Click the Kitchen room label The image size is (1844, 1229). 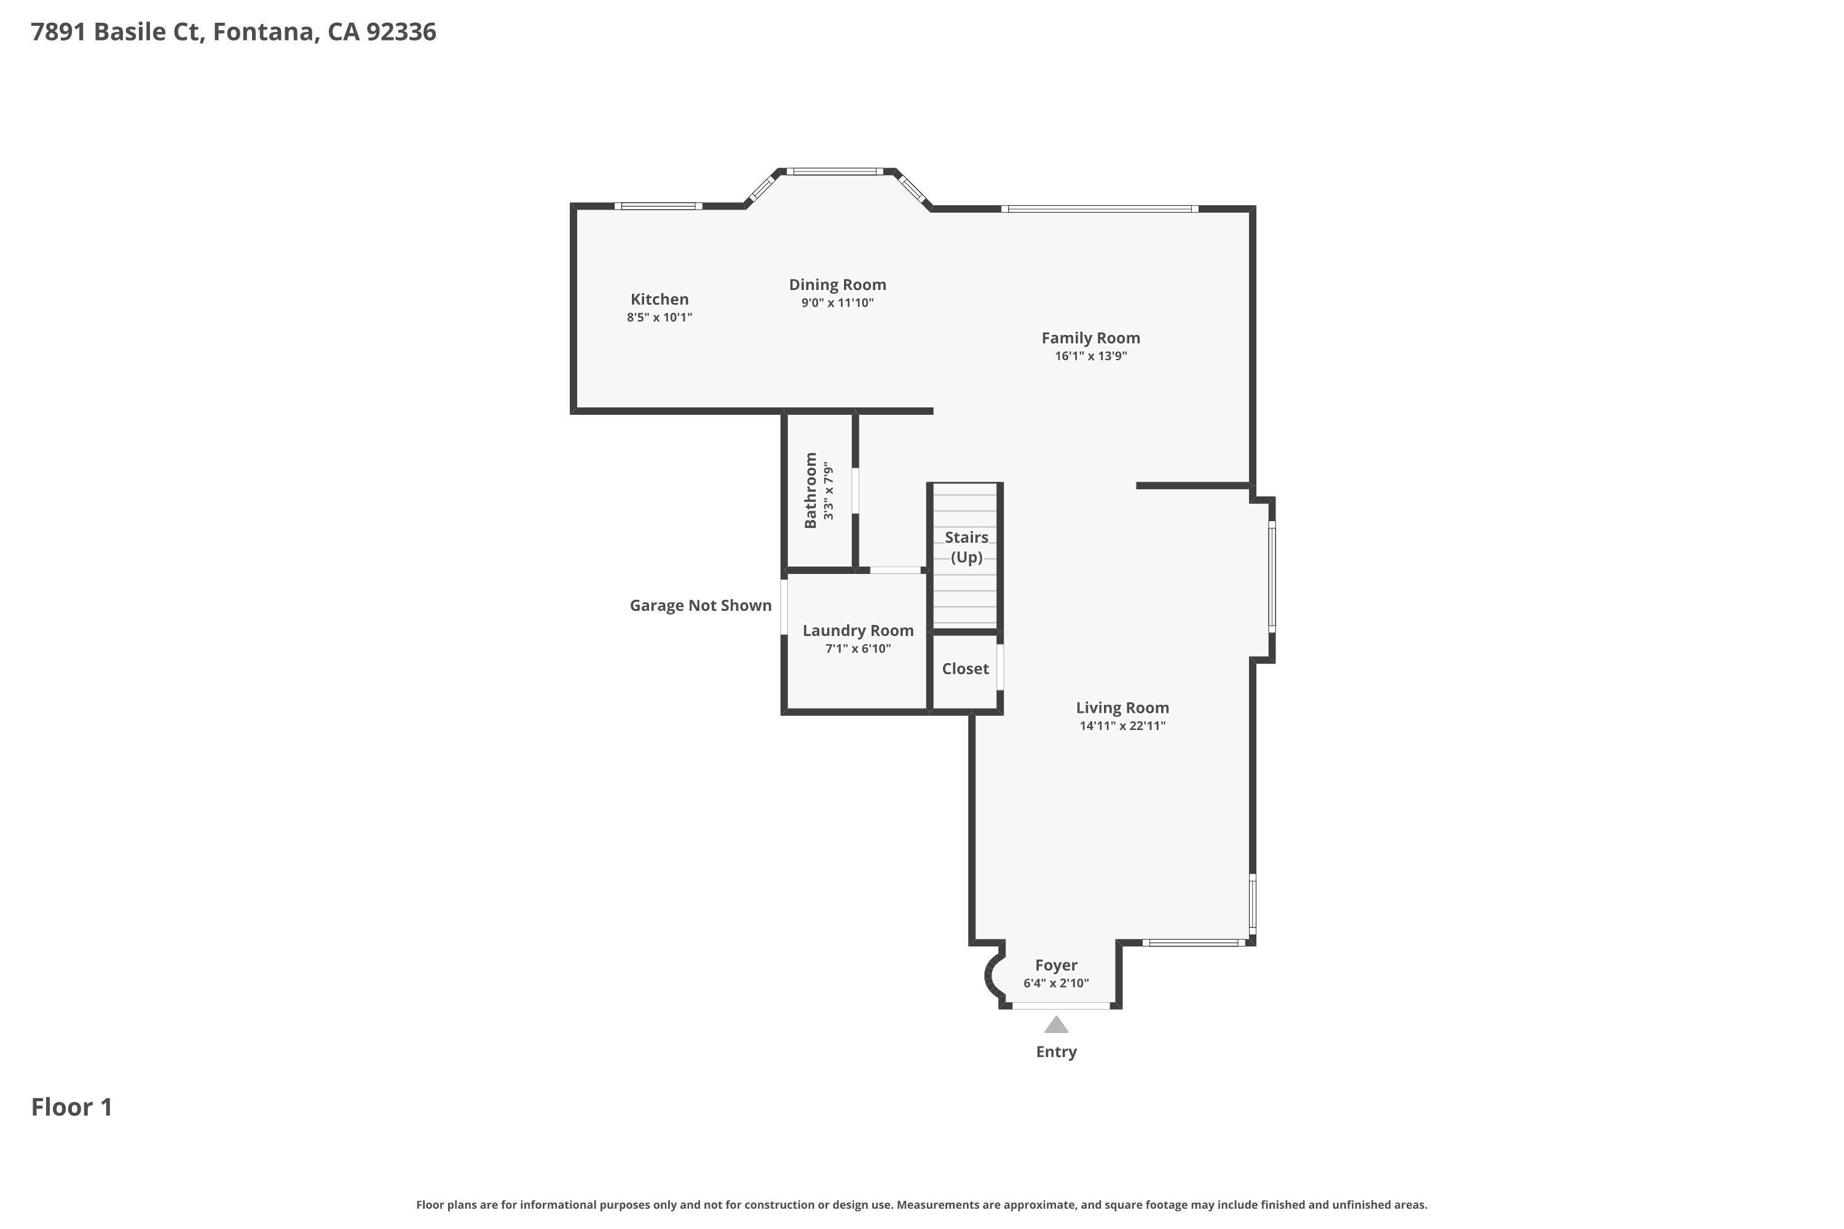click(660, 299)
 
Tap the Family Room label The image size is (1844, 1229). click(1090, 338)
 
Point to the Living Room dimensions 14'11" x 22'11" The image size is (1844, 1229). click(1122, 726)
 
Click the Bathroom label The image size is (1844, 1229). click(811, 490)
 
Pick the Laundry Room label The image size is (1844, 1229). click(857, 631)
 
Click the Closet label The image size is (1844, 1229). click(965, 669)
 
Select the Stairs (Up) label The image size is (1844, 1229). click(966, 547)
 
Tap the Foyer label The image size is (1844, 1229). click(1055, 965)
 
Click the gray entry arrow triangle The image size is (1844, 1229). click(1056, 1025)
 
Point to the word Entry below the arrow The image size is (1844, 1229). click(1056, 1052)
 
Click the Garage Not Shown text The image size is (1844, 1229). click(700, 606)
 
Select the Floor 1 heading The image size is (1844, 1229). click(71, 1107)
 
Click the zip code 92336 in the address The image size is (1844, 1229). click(401, 32)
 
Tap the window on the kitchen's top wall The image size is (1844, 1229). click(658, 206)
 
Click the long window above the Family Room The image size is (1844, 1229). click(1099, 208)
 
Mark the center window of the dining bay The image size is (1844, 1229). click(835, 171)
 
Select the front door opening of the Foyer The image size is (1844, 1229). click(1061, 1005)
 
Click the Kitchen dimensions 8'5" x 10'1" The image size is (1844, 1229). click(660, 318)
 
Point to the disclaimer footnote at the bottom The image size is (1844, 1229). click(921, 1204)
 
